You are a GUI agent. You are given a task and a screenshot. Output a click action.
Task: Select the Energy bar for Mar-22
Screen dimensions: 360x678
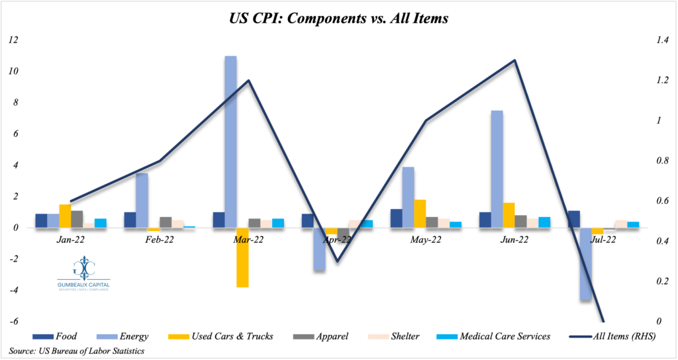[x=230, y=142]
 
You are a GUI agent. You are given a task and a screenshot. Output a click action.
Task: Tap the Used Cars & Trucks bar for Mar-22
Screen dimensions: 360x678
[x=242, y=257]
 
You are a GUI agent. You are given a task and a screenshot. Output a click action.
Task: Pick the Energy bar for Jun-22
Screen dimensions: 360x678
[x=497, y=169]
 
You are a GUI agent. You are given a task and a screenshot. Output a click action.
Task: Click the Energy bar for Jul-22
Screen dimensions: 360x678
[x=585, y=264]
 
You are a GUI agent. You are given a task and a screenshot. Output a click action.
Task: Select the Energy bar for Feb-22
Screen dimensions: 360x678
[x=142, y=201]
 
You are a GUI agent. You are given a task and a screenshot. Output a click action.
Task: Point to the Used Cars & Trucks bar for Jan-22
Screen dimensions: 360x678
[x=65, y=216]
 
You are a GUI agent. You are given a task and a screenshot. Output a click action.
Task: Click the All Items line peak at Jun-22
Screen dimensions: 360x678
[x=514, y=60]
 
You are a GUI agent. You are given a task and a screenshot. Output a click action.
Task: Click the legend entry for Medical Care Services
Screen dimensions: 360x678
[x=493, y=336]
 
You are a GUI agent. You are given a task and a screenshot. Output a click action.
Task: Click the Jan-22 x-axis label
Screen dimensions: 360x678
[x=70, y=240]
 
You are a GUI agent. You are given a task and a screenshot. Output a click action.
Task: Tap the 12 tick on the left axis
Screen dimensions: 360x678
[x=13, y=40]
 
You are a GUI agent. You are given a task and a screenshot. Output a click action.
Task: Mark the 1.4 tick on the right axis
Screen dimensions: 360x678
[x=661, y=40]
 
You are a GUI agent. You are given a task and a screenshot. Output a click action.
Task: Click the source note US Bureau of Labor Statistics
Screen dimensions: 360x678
[x=77, y=350]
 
